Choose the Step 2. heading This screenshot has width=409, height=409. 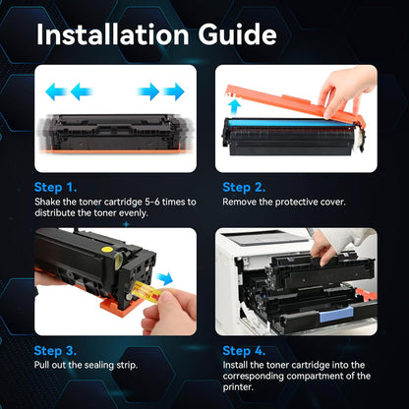[244, 186]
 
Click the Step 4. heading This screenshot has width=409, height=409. [244, 349]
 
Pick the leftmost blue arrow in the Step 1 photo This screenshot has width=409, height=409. [56, 91]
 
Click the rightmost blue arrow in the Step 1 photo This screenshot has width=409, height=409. [174, 91]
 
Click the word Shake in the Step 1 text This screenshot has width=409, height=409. [48, 202]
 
